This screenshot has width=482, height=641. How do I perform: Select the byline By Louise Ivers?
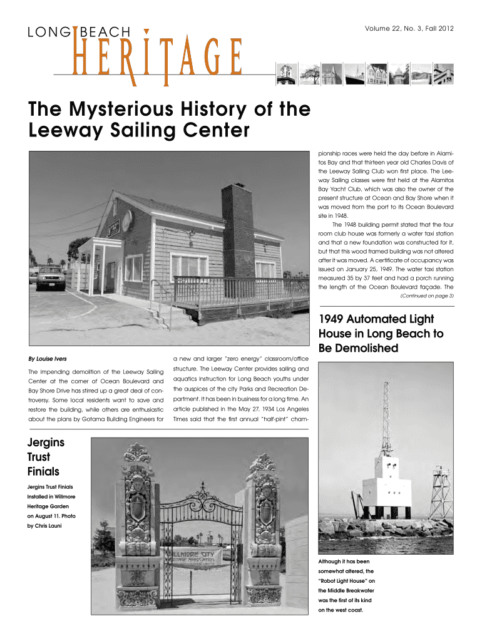[x=49, y=359]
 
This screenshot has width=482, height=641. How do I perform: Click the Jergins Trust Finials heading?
[x=46, y=457]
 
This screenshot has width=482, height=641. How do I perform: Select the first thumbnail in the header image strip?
[x=285, y=74]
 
